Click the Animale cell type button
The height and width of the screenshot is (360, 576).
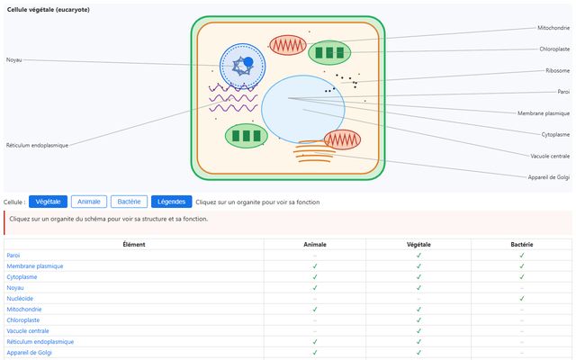tap(89, 202)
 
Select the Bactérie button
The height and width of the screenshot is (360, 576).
tap(129, 202)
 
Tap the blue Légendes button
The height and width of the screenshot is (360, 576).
tap(171, 202)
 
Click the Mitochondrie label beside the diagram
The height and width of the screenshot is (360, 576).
tap(553, 28)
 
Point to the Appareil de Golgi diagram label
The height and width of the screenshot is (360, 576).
tap(548, 177)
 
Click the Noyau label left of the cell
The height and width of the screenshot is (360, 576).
tap(14, 60)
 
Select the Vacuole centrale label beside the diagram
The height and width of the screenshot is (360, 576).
tap(550, 156)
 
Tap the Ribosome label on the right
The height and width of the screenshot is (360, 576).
tap(557, 70)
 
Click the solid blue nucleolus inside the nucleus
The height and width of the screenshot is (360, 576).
tap(248, 62)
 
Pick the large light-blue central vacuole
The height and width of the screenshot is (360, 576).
tap(303, 109)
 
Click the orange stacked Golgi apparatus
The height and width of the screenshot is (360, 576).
tap(314, 151)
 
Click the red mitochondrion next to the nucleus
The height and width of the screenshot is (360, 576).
tap(288, 45)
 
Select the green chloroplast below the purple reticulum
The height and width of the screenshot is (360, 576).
tap(246, 136)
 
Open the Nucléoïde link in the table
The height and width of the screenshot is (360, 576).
tap(20, 299)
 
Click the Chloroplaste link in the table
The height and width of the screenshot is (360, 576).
tap(23, 320)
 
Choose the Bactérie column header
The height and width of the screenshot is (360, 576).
tap(522, 245)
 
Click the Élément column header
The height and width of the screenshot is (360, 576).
tap(134, 245)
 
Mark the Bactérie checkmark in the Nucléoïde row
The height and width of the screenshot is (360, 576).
tap(522, 299)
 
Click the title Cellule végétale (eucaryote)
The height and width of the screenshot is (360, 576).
tap(48, 10)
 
